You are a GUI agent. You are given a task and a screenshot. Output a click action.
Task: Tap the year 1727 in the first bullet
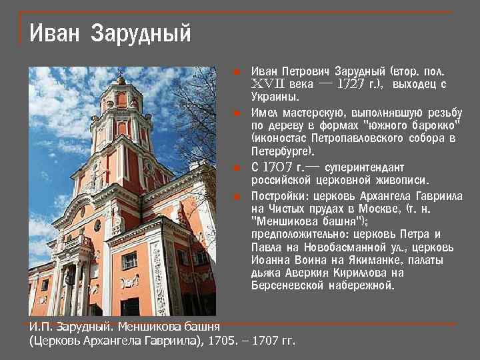click(x=350, y=84)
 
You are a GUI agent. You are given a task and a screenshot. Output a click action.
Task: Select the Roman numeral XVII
click(x=269, y=84)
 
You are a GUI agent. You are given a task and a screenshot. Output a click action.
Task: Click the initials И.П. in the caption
click(x=39, y=326)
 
